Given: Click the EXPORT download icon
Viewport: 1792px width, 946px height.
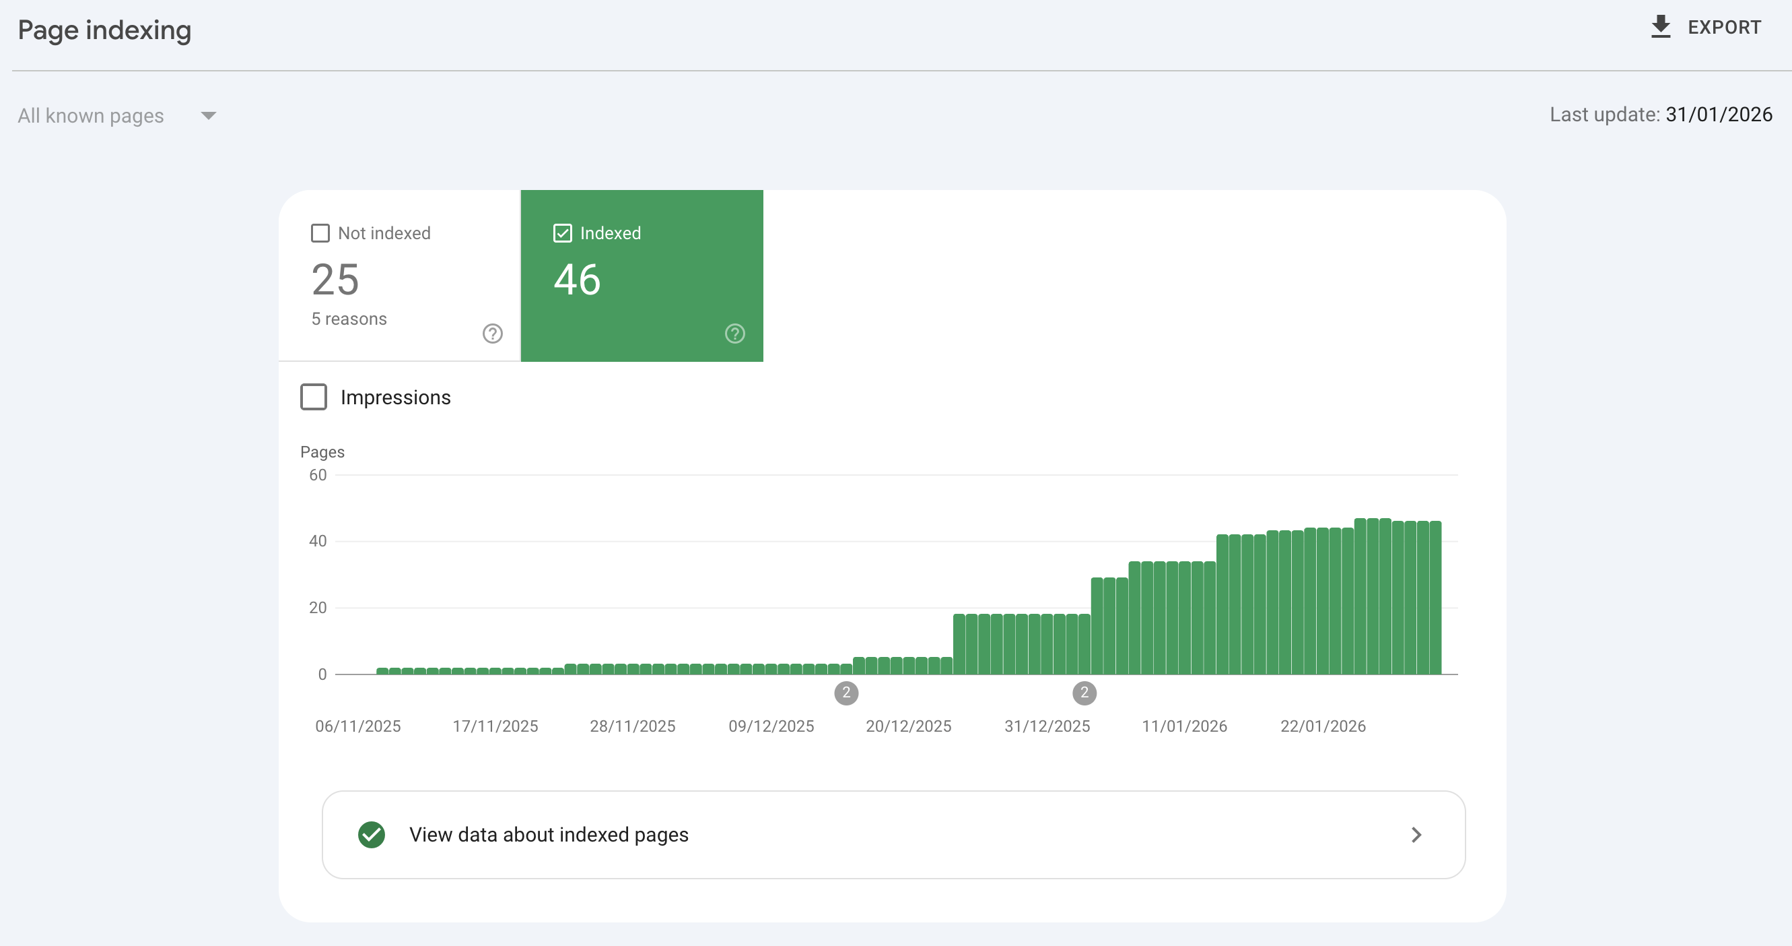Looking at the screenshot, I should coord(1661,27).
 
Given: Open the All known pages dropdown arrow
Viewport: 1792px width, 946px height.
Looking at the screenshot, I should coord(208,115).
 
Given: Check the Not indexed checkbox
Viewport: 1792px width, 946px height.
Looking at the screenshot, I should coord(320,233).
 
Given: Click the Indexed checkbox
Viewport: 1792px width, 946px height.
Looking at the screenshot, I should coord(562,233).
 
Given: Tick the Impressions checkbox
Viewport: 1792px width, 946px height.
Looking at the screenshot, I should coord(314,397).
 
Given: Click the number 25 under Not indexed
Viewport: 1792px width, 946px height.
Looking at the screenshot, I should coord(335,280).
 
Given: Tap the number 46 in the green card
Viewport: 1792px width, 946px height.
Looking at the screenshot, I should coord(577,280).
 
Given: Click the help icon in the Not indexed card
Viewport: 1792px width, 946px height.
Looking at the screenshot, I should coord(493,334).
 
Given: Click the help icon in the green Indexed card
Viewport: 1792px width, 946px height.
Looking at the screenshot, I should coord(734,334).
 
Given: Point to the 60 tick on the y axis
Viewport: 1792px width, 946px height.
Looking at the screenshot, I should coord(318,476).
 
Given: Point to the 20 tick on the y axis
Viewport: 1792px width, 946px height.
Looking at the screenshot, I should coord(318,608).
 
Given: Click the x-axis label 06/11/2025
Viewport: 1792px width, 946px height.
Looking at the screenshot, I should coord(358,726).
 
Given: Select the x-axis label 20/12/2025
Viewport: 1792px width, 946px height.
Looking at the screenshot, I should coord(909,726).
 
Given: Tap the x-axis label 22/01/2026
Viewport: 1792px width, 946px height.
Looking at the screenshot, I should coord(1323,726).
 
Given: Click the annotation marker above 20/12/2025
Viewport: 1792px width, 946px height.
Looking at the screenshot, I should coord(846,693).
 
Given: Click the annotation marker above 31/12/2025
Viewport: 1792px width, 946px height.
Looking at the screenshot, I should coord(1084,693).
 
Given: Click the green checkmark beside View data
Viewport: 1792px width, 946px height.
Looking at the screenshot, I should coord(372,835).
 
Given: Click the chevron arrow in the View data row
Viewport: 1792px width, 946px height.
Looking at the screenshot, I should coord(1416,835).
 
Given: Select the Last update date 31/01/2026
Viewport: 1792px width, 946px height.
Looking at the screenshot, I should coord(1719,115).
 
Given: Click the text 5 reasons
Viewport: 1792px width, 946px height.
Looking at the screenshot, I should coord(349,319).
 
